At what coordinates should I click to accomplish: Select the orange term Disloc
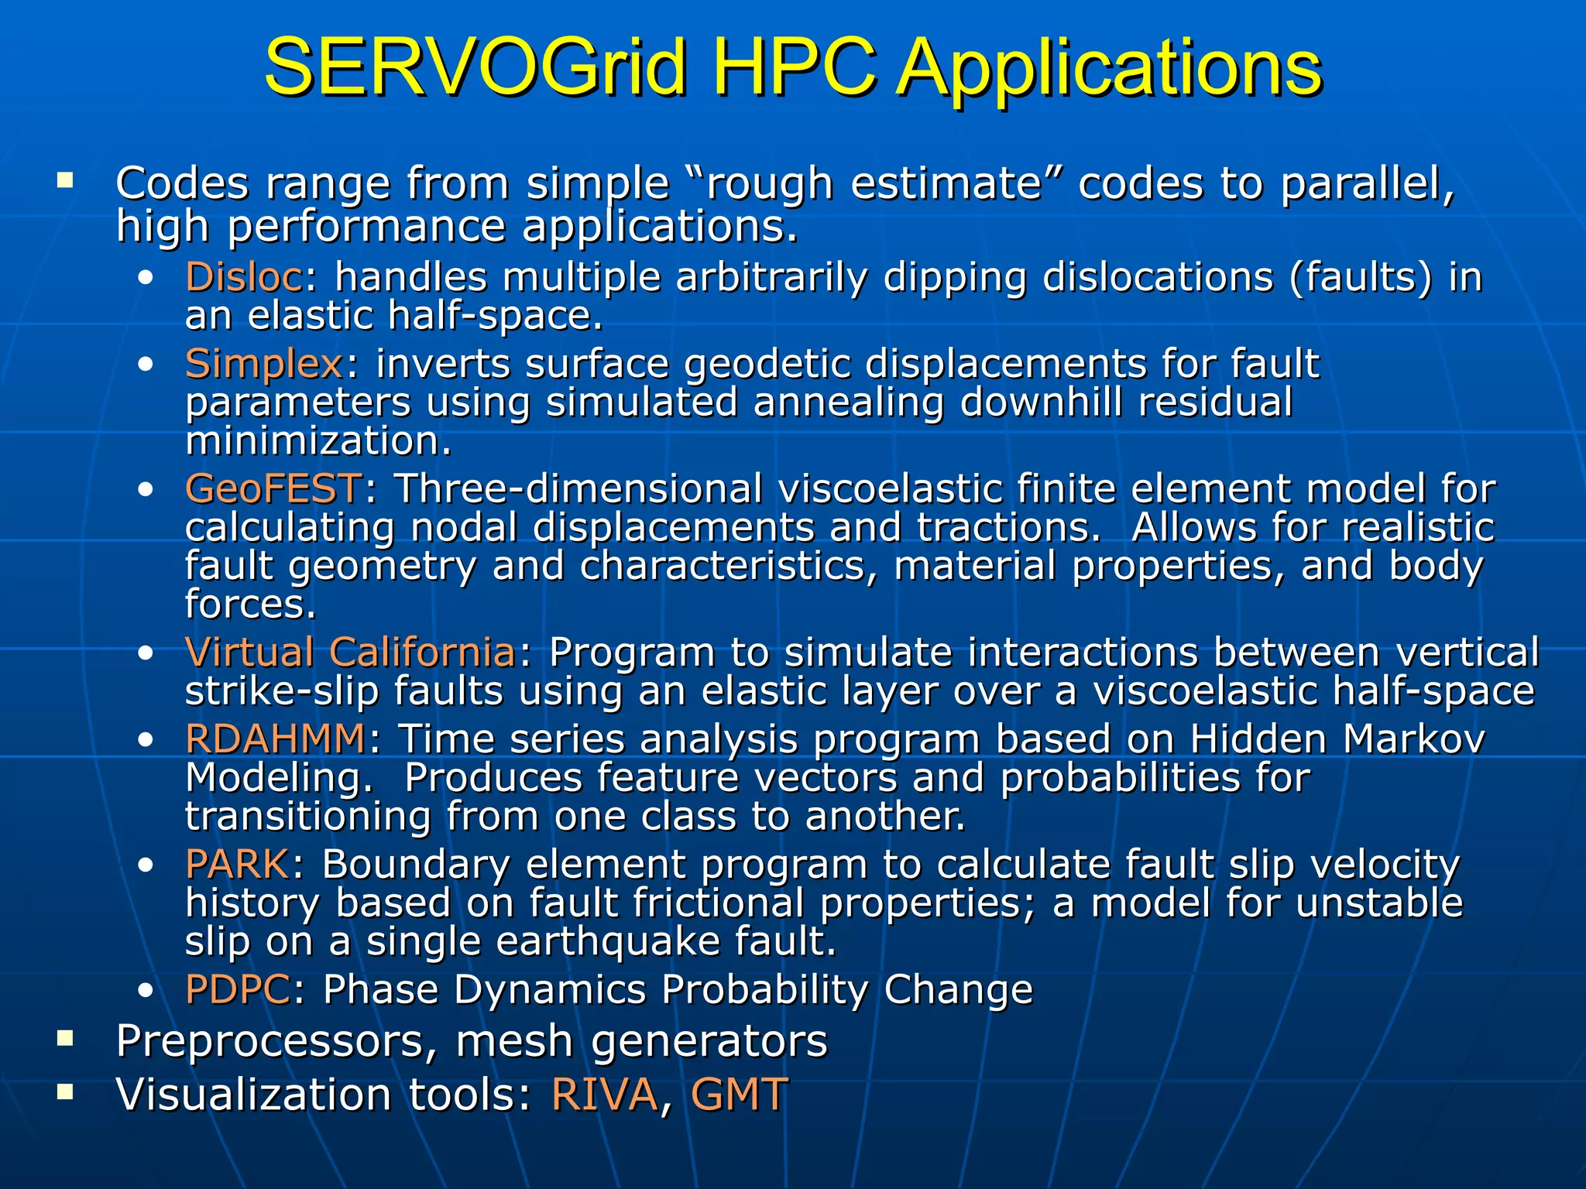(244, 276)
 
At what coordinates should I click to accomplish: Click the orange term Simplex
(263, 364)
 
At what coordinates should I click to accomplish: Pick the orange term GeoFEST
(273, 488)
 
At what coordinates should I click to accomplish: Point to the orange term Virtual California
(350, 652)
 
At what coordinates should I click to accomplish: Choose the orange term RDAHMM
(275, 738)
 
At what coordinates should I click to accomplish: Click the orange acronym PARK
(237, 864)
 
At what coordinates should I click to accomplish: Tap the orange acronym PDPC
(238, 989)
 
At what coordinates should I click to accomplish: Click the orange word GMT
(739, 1095)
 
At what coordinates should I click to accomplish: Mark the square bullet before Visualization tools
(65, 1092)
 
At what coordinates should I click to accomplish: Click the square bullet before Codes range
(65, 182)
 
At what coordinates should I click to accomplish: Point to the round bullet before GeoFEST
(145, 490)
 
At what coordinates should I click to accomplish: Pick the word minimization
(318, 441)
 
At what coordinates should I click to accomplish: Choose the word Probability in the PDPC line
(765, 989)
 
